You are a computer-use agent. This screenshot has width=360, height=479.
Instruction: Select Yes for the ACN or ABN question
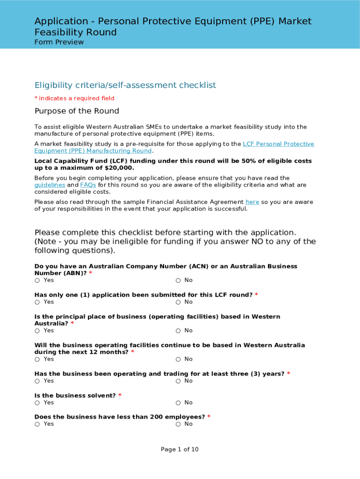pos(37,280)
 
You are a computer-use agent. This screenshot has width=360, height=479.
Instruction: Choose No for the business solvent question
pos(178,403)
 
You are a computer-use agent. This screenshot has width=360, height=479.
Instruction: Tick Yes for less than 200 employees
pos(37,424)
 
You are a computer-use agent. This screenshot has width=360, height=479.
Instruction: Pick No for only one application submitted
pos(178,302)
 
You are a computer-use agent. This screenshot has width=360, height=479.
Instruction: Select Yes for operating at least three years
pos(37,381)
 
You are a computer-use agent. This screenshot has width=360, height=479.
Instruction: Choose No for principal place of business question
pos(178,331)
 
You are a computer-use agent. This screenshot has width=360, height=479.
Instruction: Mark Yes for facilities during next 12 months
pos(37,359)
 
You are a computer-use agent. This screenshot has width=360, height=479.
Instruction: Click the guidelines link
pos(50,185)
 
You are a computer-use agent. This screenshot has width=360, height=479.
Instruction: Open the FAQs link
pos(88,185)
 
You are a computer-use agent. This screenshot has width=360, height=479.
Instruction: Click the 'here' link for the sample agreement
pos(252,202)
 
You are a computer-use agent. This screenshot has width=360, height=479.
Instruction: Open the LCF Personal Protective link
pos(278,144)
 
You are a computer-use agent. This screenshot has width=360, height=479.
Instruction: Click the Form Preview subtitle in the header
pos(59,42)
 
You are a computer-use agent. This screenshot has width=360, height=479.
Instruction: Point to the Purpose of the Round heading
pos(77,111)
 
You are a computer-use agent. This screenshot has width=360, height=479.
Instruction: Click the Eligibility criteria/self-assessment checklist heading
pos(125,85)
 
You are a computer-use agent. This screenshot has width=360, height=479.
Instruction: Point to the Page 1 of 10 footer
pos(180,450)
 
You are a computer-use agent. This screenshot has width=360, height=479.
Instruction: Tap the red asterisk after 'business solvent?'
pos(120,396)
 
